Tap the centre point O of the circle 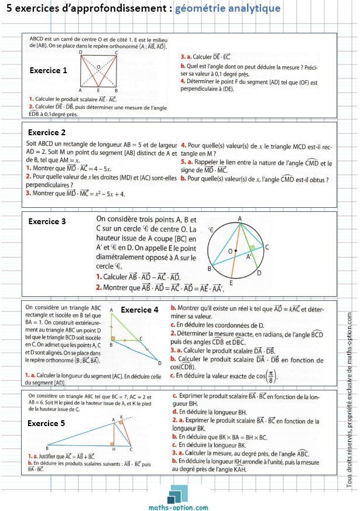235,252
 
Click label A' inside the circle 249,256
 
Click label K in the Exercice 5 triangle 121,417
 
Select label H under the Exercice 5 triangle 114,450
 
